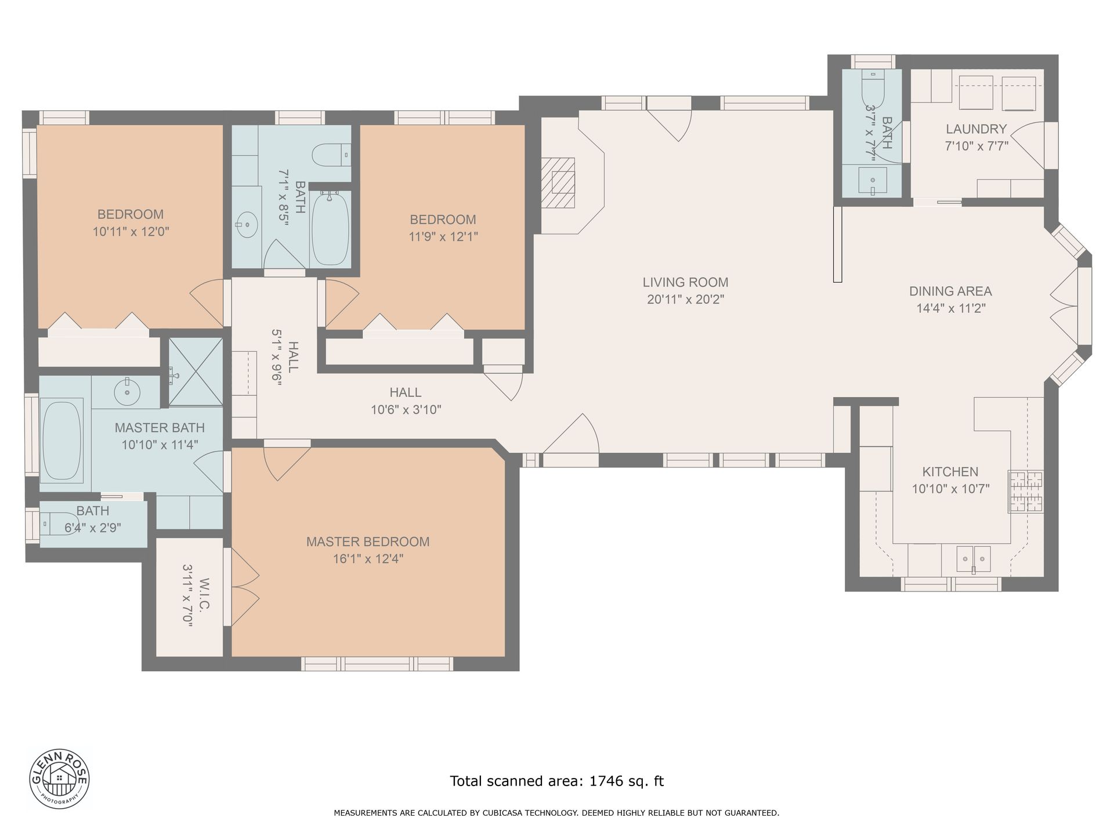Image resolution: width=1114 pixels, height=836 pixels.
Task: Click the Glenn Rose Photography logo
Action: click(60, 777)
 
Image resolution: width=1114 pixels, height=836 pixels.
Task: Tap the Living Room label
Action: click(685, 283)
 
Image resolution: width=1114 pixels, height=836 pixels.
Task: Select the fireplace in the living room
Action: click(558, 183)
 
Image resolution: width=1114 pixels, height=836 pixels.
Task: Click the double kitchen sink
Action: click(974, 559)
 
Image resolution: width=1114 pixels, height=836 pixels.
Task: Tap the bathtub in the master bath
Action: click(62, 440)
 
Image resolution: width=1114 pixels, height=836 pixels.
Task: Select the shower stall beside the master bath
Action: click(196, 372)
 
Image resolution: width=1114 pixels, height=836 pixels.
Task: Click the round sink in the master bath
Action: click(126, 391)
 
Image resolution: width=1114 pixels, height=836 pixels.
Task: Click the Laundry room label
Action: click(976, 129)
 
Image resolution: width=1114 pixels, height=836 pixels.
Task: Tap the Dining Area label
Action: click(950, 291)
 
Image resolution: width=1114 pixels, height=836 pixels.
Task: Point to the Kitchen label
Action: click(950, 472)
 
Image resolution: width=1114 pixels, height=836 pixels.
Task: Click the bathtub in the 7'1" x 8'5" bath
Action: click(331, 229)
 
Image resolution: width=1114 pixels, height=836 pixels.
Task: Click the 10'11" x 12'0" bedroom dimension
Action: click(131, 232)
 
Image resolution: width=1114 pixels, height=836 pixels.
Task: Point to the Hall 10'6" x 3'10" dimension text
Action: click(406, 410)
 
